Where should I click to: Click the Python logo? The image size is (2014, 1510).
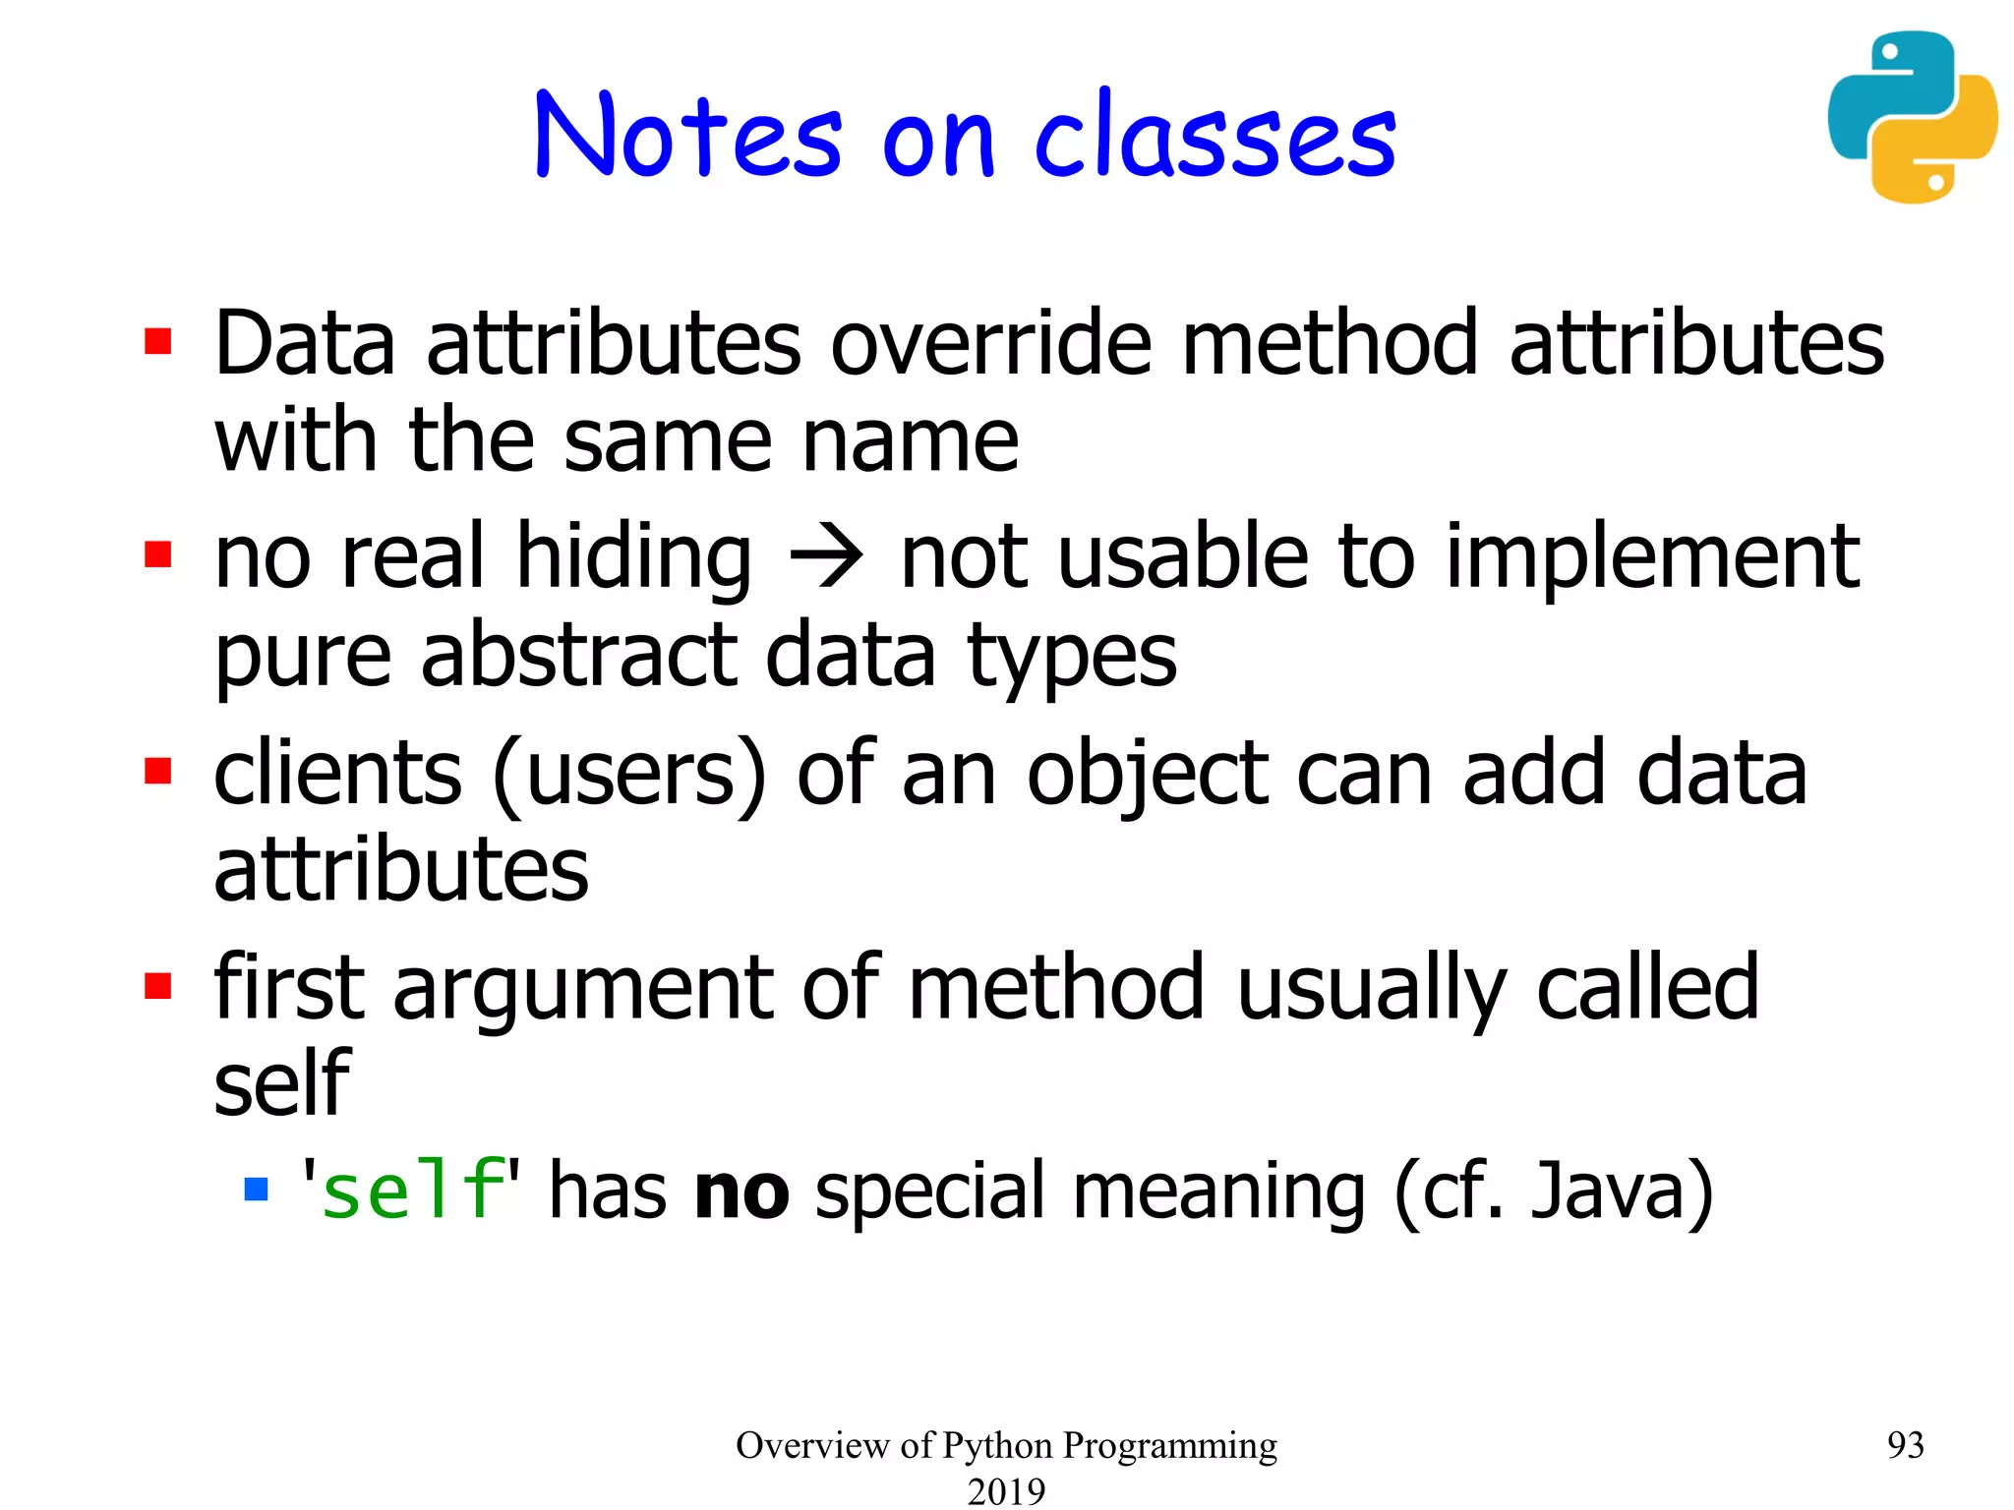[1912, 118]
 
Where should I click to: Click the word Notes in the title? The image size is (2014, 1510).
[687, 136]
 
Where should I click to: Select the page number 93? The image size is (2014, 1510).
[1905, 1444]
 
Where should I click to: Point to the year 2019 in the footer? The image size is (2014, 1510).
[1006, 1490]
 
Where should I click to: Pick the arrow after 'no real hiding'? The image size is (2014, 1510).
[826, 557]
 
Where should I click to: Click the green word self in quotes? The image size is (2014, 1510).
[412, 1191]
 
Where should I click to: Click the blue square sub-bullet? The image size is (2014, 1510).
[256, 1191]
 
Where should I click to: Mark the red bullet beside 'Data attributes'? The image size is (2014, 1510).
[158, 341]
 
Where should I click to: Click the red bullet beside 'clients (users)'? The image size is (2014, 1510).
[158, 771]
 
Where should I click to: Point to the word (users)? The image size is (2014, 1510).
[628, 774]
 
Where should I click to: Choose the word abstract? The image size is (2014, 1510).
[578, 656]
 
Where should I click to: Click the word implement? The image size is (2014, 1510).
[1651, 557]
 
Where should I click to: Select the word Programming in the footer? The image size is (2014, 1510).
[1170, 1445]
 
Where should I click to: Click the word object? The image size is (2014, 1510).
[1147, 774]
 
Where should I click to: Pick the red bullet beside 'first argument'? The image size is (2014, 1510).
[158, 985]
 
